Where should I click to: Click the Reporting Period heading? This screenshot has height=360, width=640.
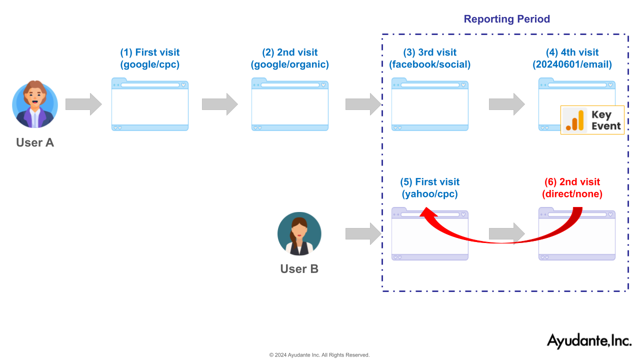click(x=506, y=19)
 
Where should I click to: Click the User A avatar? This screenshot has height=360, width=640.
click(x=35, y=104)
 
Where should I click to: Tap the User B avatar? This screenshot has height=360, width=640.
click(x=299, y=233)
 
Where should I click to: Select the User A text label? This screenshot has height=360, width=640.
click(x=35, y=142)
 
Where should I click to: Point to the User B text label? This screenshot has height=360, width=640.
click(x=299, y=269)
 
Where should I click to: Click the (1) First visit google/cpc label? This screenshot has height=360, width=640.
click(x=149, y=58)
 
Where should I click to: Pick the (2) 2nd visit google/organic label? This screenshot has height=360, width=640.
click(x=289, y=58)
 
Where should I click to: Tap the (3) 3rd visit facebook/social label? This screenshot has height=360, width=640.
click(x=429, y=58)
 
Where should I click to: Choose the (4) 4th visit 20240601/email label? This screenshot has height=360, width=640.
click(x=572, y=58)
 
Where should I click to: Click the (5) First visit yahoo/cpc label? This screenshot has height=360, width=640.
click(x=429, y=187)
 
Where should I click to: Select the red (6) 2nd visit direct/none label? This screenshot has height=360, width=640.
click(x=572, y=187)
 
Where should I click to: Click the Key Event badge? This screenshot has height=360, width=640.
click(x=592, y=120)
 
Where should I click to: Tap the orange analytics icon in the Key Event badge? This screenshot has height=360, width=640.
click(x=575, y=120)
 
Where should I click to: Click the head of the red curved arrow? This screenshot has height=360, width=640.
click(x=427, y=212)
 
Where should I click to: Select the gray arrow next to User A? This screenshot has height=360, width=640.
click(x=83, y=104)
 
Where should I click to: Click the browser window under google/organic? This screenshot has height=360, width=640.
click(x=289, y=104)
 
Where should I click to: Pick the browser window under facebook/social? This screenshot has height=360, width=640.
click(x=429, y=104)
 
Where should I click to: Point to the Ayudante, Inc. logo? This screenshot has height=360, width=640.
click(x=589, y=341)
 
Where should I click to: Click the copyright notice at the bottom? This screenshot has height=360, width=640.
click(x=319, y=355)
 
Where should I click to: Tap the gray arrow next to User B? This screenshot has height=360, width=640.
click(x=363, y=233)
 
